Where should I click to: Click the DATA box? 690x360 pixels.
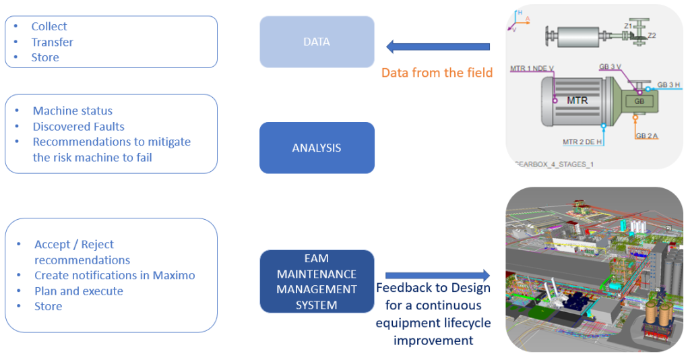[317, 42]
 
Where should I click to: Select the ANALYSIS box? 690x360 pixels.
[317, 148]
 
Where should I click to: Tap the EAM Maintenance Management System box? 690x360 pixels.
[317, 281]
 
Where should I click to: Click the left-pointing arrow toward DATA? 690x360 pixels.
[438, 47]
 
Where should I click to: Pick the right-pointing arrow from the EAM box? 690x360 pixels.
[437, 275]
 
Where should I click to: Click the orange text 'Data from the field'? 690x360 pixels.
[437, 72]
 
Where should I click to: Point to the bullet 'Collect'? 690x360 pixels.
[49, 26]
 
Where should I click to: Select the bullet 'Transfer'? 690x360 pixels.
[52, 42]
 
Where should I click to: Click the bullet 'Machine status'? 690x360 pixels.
[73, 111]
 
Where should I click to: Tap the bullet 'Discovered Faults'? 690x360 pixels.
[78, 126]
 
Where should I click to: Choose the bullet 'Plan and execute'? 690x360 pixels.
[79, 291]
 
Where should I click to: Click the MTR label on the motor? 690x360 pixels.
[577, 100]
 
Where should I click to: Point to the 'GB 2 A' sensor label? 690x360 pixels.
[647, 136]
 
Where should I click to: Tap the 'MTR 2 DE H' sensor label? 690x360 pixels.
[582, 142]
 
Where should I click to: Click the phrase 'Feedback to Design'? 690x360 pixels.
[433, 288]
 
